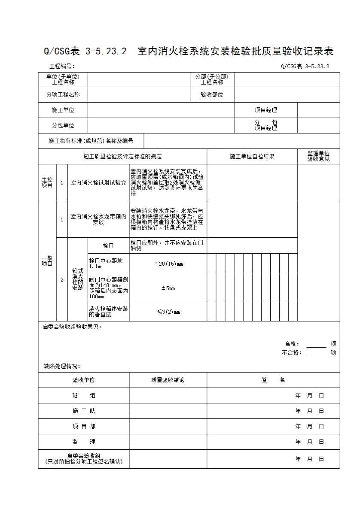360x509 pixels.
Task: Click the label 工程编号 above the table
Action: pyautogui.click(x=62, y=67)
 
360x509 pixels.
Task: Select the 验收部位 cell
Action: pyautogui.click(x=212, y=95)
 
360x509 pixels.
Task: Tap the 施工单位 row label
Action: pyautogui.click(x=63, y=110)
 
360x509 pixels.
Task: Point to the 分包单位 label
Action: pyautogui.click(x=63, y=126)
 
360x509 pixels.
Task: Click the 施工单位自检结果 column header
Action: pyautogui.click(x=252, y=157)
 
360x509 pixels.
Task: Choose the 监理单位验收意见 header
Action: pyautogui.click(x=318, y=156)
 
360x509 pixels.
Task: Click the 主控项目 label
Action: pyautogui.click(x=47, y=182)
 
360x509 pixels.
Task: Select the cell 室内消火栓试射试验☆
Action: pyautogui.click(x=98, y=183)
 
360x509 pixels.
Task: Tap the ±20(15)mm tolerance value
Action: pyautogui.click(x=168, y=264)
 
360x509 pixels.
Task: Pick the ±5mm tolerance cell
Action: pyautogui.click(x=168, y=288)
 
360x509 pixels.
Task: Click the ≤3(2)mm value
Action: pyautogui.click(x=168, y=312)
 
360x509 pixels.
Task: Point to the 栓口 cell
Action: pyautogui.click(x=108, y=246)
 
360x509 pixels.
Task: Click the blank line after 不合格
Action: pyautogui.click(x=316, y=353)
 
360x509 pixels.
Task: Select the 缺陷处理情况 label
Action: pyautogui.click(x=62, y=367)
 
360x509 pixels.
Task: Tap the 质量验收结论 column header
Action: pyautogui.click(x=168, y=380)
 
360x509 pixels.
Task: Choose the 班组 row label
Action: pyautogui.click(x=84, y=396)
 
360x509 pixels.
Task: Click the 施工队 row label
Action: pyautogui.click(x=84, y=411)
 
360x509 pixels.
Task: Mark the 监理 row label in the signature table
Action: pyautogui.click(x=84, y=442)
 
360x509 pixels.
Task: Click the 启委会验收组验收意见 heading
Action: pyautogui.click(x=72, y=327)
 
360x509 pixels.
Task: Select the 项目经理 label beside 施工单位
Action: pyautogui.click(x=266, y=110)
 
